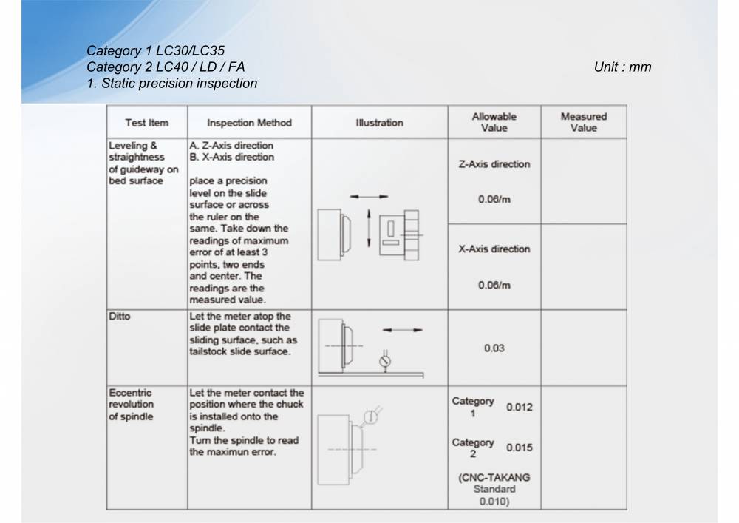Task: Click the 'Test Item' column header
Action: point(147,123)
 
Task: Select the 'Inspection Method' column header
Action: point(249,123)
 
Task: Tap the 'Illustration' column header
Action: point(379,123)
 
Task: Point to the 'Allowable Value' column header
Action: point(494,122)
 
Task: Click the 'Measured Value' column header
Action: point(583,122)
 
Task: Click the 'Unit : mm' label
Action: point(622,67)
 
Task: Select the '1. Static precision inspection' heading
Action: point(172,83)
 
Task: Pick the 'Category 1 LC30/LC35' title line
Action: point(156,51)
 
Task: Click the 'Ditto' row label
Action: point(120,316)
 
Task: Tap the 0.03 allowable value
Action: point(494,348)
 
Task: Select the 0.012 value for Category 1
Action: point(519,407)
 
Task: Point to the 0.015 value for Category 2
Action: point(519,448)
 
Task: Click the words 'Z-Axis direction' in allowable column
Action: point(494,164)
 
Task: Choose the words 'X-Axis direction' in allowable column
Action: point(494,249)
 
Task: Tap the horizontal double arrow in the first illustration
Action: point(369,196)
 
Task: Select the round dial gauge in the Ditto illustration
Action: point(384,362)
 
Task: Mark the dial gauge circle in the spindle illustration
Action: point(371,416)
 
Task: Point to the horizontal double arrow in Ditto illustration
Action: point(403,330)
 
